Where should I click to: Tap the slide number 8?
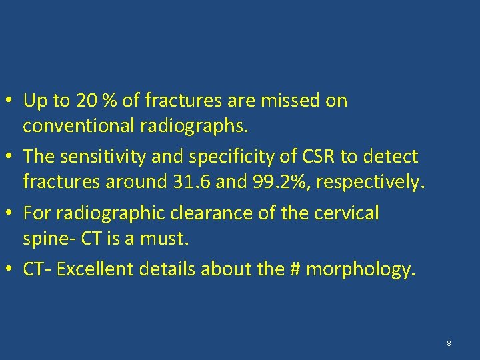tap(449, 343)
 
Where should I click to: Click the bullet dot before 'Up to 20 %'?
tap(12, 101)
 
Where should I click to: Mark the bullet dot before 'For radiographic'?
tap(12, 214)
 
